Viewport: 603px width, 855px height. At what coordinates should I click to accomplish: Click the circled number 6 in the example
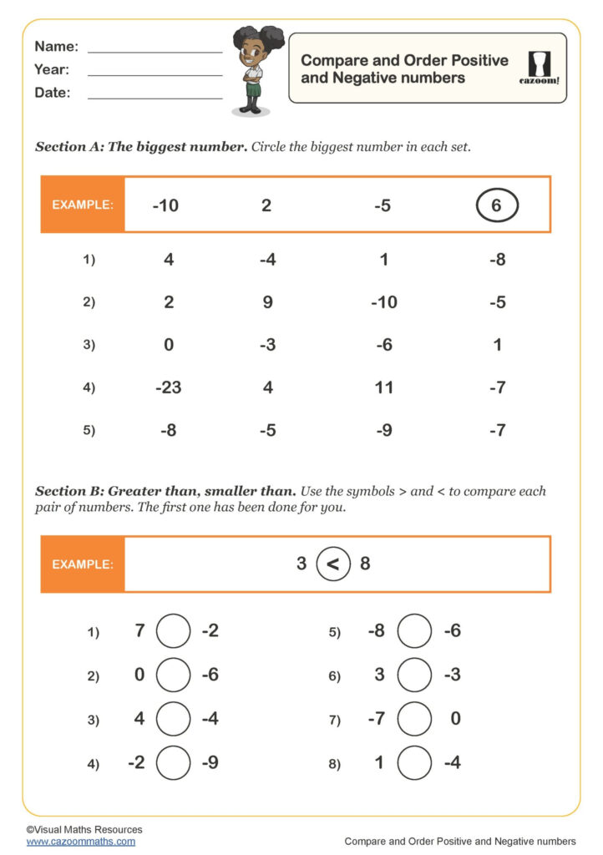pyautogui.click(x=497, y=205)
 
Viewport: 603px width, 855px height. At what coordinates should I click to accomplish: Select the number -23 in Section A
pyautogui.click(x=169, y=387)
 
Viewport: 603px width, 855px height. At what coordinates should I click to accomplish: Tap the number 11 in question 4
pyautogui.click(x=383, y=387)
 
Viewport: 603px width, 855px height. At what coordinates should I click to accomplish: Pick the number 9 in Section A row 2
pyautogui.click(x=267, y=302)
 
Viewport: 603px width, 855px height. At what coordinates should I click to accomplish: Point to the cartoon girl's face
pyautogui.click(x=253, y=57)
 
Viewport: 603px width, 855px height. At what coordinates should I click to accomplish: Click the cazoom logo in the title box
pyautogui.click(x=539, y=68)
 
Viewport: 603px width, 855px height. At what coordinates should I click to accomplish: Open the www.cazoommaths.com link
pyautogui.click(x=80, y=842)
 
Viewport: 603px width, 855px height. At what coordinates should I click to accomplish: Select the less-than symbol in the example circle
pyautogui.click(x=333, y=564)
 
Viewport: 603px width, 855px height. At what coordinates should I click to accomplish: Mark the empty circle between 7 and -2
pyautogui.click(x=174, y=631)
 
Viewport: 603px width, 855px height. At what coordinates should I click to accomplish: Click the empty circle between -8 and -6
pyautogui.click(x=414, y=631)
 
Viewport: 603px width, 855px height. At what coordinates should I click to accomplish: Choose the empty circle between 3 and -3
pyautogui.click(x=414, y=675)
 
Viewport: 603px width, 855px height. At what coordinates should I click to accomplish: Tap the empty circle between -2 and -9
pyautogui.click(x=174, y=762)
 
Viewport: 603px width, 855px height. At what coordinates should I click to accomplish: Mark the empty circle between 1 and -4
pyautogui.click(x=414, y=762)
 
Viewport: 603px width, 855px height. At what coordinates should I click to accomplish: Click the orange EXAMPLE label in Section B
pyautogui.click(x=83, y=564)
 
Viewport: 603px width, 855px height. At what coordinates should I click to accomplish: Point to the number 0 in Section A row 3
pyautogui.click(x=169, y=345)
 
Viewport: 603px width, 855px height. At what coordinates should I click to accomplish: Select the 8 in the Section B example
pyautogui.click(x=365, y=564)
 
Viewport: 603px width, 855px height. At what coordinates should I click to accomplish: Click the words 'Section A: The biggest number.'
pyautogui.click(x=141, y=147)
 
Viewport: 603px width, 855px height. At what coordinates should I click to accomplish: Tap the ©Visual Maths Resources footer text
pyautogui.click(x=84, y=829)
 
